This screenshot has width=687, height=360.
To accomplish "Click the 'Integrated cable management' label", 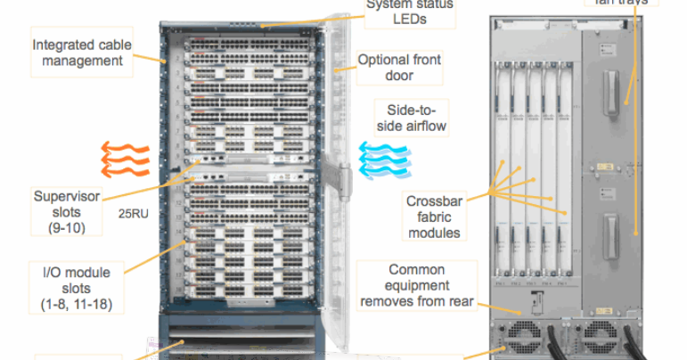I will pyautogui.click(x=78, y=52).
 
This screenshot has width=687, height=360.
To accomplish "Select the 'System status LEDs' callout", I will pyautogui.click(x=410, y=12).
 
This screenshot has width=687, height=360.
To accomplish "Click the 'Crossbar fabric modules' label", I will pyautogui.click(x=435, y=217).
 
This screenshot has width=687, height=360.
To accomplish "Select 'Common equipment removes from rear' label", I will pyautogui.click(x=416, y=284).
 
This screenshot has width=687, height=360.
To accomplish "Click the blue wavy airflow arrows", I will pyautogui.click(x=382, y=158).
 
